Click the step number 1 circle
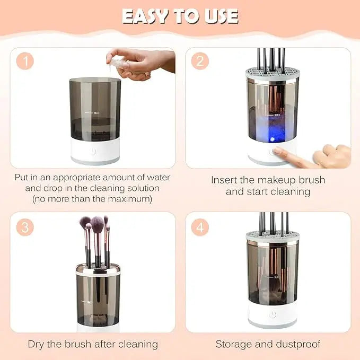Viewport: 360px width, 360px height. (25, 61)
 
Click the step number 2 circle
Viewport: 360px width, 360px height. (199, 61)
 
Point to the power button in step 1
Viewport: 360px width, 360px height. (94, 151)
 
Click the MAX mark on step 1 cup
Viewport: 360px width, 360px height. (97, 112)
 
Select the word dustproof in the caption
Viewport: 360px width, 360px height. (298, 344)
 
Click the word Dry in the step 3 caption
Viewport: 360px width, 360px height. (37, 344)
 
